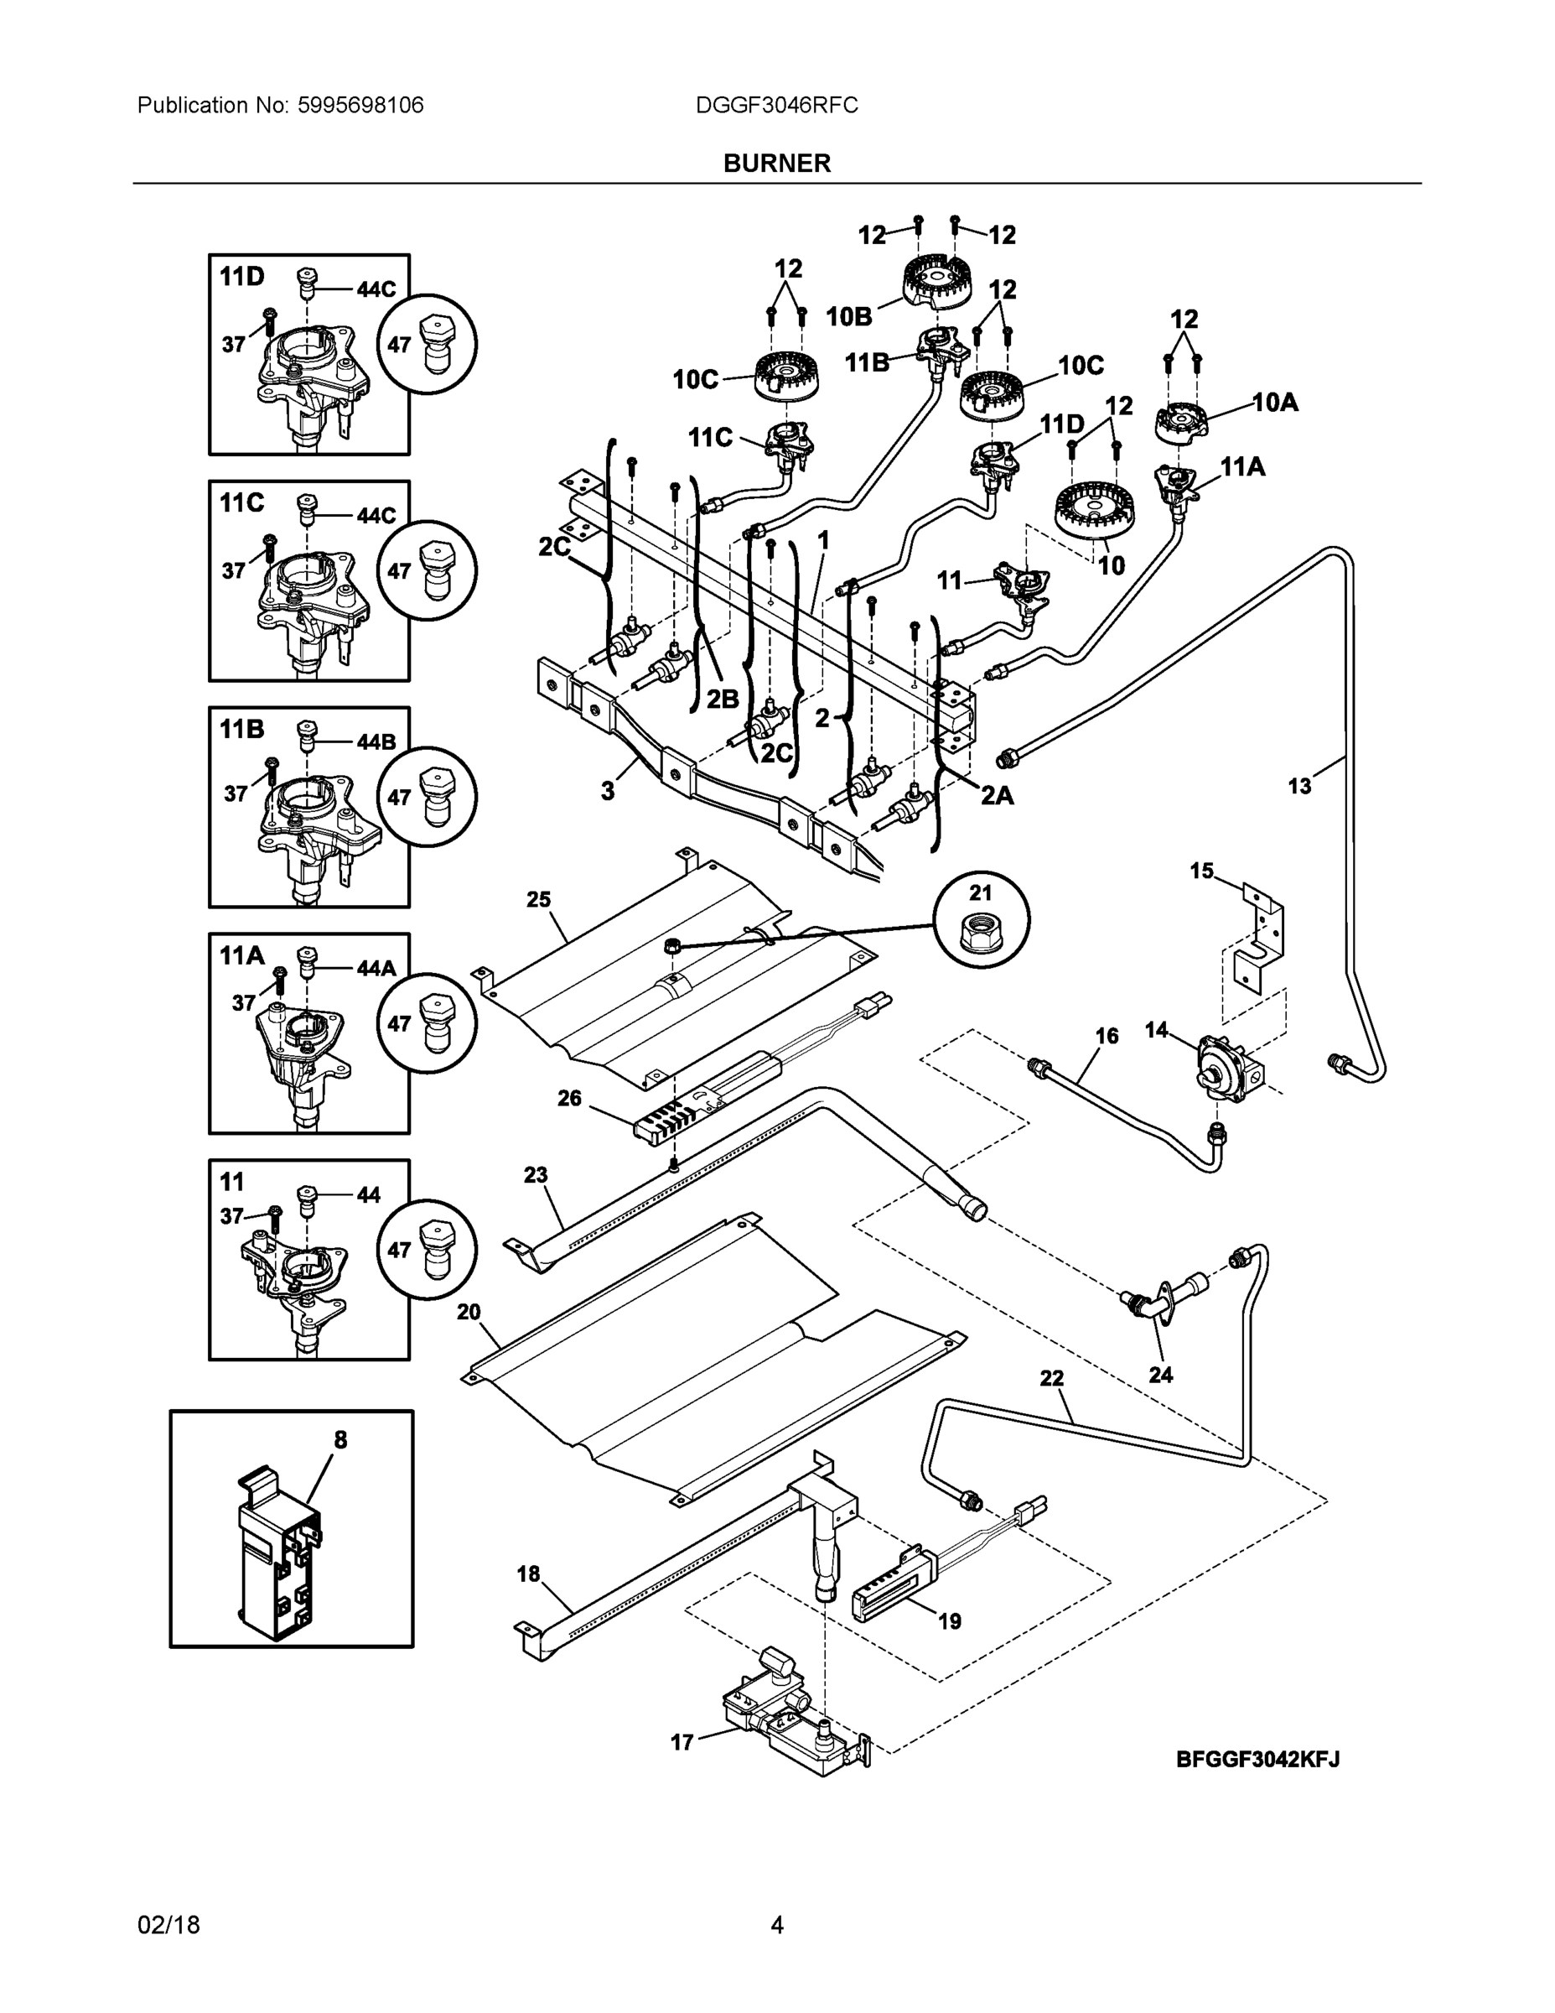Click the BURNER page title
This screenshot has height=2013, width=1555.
pos(776,164)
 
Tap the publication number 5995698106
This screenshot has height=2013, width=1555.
pos(360,105)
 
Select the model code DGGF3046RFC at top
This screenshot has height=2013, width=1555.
pos(776,105)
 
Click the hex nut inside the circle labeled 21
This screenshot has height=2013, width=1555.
pos(981,936)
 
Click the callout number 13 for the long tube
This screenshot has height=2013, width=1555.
pos(1298,786)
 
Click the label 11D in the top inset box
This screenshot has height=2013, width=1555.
pos(242,276)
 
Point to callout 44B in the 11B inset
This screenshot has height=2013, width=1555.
pos(376,742)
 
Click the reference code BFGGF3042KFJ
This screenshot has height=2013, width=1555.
pos(1257,1760)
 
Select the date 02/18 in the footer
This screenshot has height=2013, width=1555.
pos(168,1926)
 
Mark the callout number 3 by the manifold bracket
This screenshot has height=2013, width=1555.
pos(608,791)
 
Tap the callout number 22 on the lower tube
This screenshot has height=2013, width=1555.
pos(1052,1404)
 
